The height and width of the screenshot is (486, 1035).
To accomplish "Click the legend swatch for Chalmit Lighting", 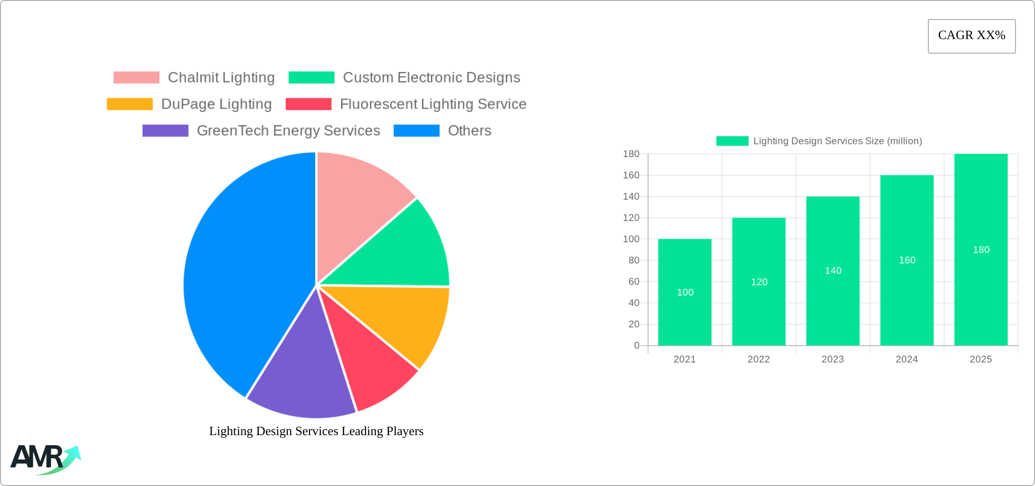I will coord(136,78).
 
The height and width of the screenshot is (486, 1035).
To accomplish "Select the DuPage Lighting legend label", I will coord(217,104).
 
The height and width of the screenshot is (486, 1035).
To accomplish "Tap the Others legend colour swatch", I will coord(416,131).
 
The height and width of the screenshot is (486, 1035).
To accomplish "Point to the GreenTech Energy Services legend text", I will coord(288,131).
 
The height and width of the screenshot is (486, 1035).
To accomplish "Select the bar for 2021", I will coord(685,318).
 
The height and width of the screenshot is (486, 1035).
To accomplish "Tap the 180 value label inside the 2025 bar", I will coord(981,250).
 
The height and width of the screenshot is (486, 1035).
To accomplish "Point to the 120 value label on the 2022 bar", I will coord(759,282).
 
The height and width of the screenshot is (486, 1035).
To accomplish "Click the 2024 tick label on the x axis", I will coord(907,359).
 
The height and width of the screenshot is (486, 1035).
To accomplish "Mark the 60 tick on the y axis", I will coord(634,282).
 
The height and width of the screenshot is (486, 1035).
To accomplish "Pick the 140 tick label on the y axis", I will coord(631,197).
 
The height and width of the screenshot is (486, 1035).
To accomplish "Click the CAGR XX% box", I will coord(971,36).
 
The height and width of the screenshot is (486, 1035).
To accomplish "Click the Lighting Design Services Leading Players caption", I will coord(316,431).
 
